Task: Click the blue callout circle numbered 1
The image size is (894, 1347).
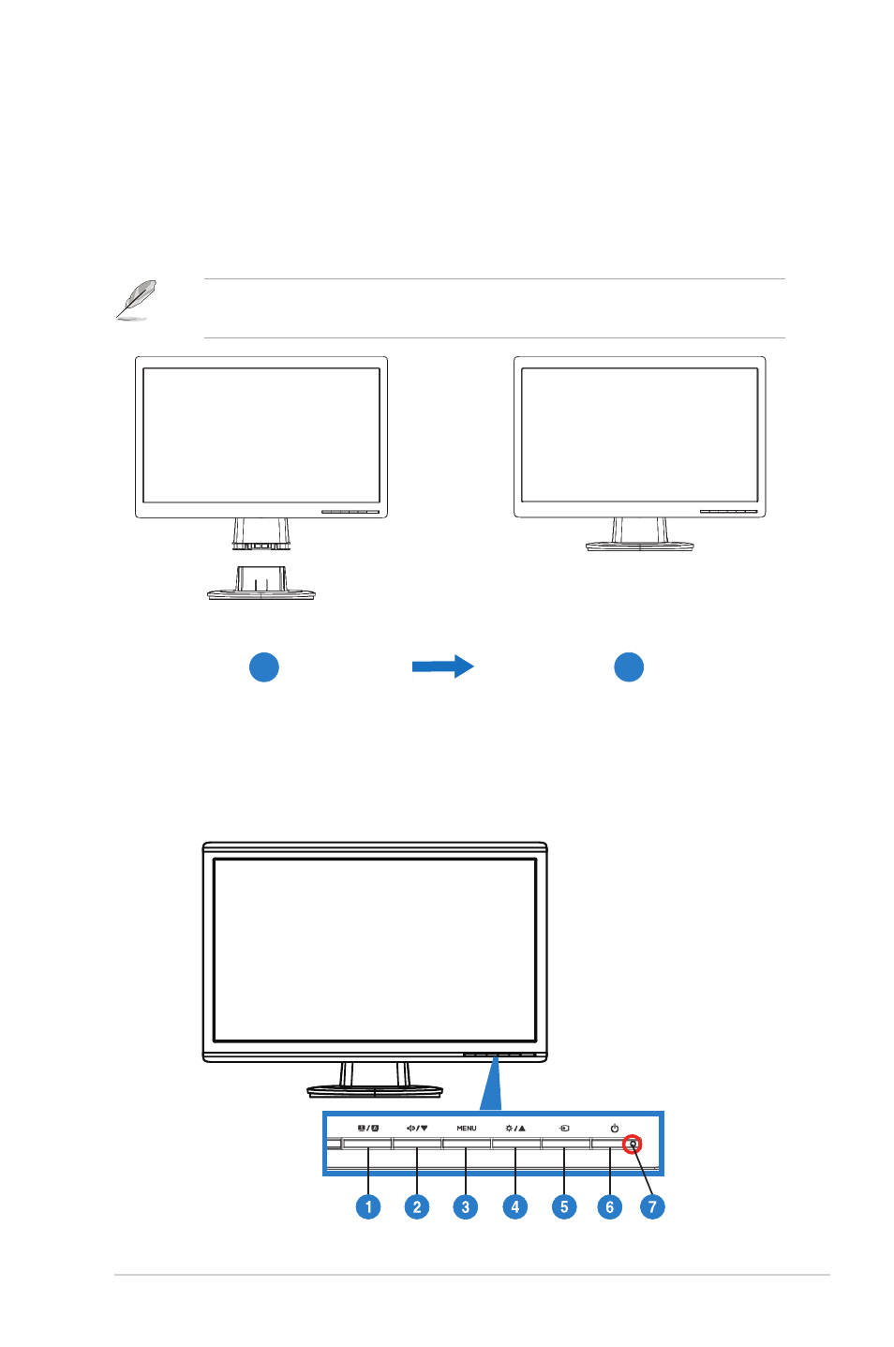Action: (x=368, y=1206)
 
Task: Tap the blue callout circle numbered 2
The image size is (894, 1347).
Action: (x=417, y=1206)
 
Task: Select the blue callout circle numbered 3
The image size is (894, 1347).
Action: (x=466, y=1206)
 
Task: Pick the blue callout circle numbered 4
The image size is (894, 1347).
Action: (x=514, y=1206)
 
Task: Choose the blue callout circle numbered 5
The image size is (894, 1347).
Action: (x=564, y=1206)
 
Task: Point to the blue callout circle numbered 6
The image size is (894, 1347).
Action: (x=610, y=1206)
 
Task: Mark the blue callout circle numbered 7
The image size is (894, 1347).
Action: (x=652, y=1206)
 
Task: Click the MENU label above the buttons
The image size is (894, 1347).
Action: (x=466, y=1128)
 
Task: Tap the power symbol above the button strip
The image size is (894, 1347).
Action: (x=615, y=1128)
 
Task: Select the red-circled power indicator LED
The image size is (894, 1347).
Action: (x=632, y=1144)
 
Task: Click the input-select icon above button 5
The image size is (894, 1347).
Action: (x=564, y=1128)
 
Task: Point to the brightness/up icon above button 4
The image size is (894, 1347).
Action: (x=515, y=1128)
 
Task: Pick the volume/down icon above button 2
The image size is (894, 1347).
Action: (x=417, y=1128)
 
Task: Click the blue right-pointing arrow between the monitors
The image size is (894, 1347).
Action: (x=443, y=666)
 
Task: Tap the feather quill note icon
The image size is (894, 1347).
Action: (x=137, y=300)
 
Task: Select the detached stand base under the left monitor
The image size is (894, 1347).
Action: (x=261, y=583)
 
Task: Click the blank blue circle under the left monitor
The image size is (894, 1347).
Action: (x=264, y=666)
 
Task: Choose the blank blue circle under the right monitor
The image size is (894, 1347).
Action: (x=629, y=666)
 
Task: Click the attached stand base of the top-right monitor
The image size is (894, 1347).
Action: (x=640, y=546)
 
